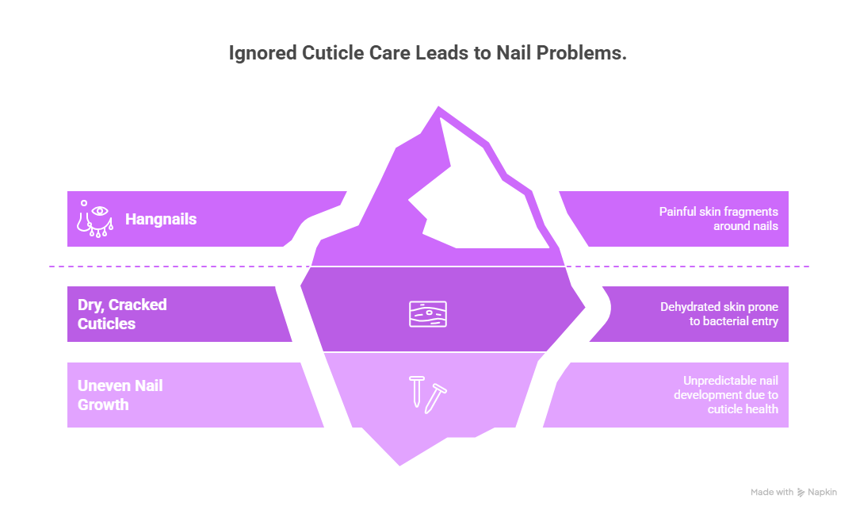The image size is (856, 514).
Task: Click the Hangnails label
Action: (x=161, y=219)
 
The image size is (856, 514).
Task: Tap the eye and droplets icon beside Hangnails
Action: (x=94, y=218)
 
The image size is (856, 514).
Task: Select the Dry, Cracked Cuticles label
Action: (x=122, y=314)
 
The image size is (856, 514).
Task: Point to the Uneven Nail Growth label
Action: (x=120, y=395)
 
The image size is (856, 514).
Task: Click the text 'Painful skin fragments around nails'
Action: (x=718, y=219)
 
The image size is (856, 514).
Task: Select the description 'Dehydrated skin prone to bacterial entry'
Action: (x=719, y=314)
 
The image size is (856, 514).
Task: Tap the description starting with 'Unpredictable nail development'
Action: (x=725, y=395)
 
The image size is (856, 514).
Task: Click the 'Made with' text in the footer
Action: (x=772, y=493)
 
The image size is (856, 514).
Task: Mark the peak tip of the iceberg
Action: (x=438, y=107)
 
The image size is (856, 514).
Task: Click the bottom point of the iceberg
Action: (x=399, y=466)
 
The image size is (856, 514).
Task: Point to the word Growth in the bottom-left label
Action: (x=103, y=405)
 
